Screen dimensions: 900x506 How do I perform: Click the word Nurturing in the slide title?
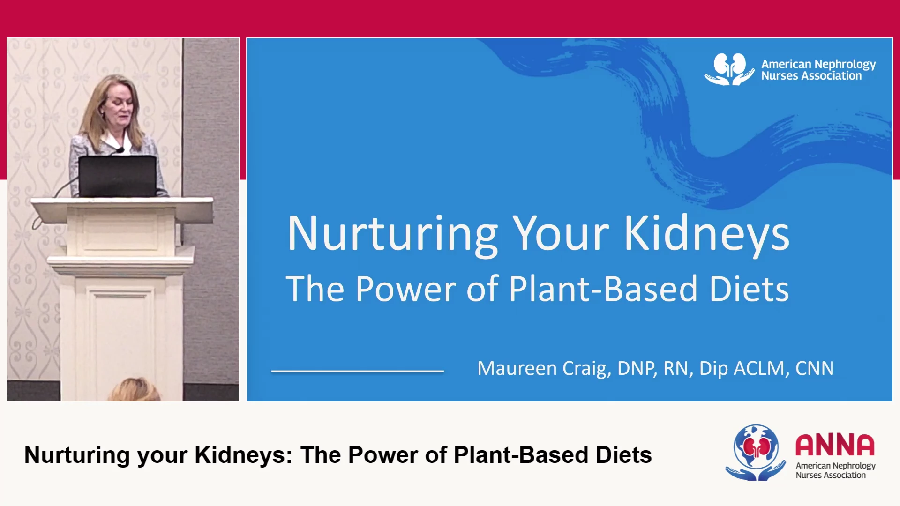pos(393,234)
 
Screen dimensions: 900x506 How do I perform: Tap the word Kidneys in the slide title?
pos(707,234)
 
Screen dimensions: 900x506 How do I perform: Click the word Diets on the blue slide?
pos(749,289)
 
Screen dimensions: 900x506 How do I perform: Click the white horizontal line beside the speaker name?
pos(358,371)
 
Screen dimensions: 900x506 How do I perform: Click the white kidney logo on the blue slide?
pos(729,69)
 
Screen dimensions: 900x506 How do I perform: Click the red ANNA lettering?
pos(835,445)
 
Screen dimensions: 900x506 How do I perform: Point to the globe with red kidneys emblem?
pos(756,452)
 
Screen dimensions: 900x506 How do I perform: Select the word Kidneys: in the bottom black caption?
pos(244,455)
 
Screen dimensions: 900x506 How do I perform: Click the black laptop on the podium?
pos(118,176)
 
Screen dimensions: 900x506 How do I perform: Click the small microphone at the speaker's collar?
pos(120,150)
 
